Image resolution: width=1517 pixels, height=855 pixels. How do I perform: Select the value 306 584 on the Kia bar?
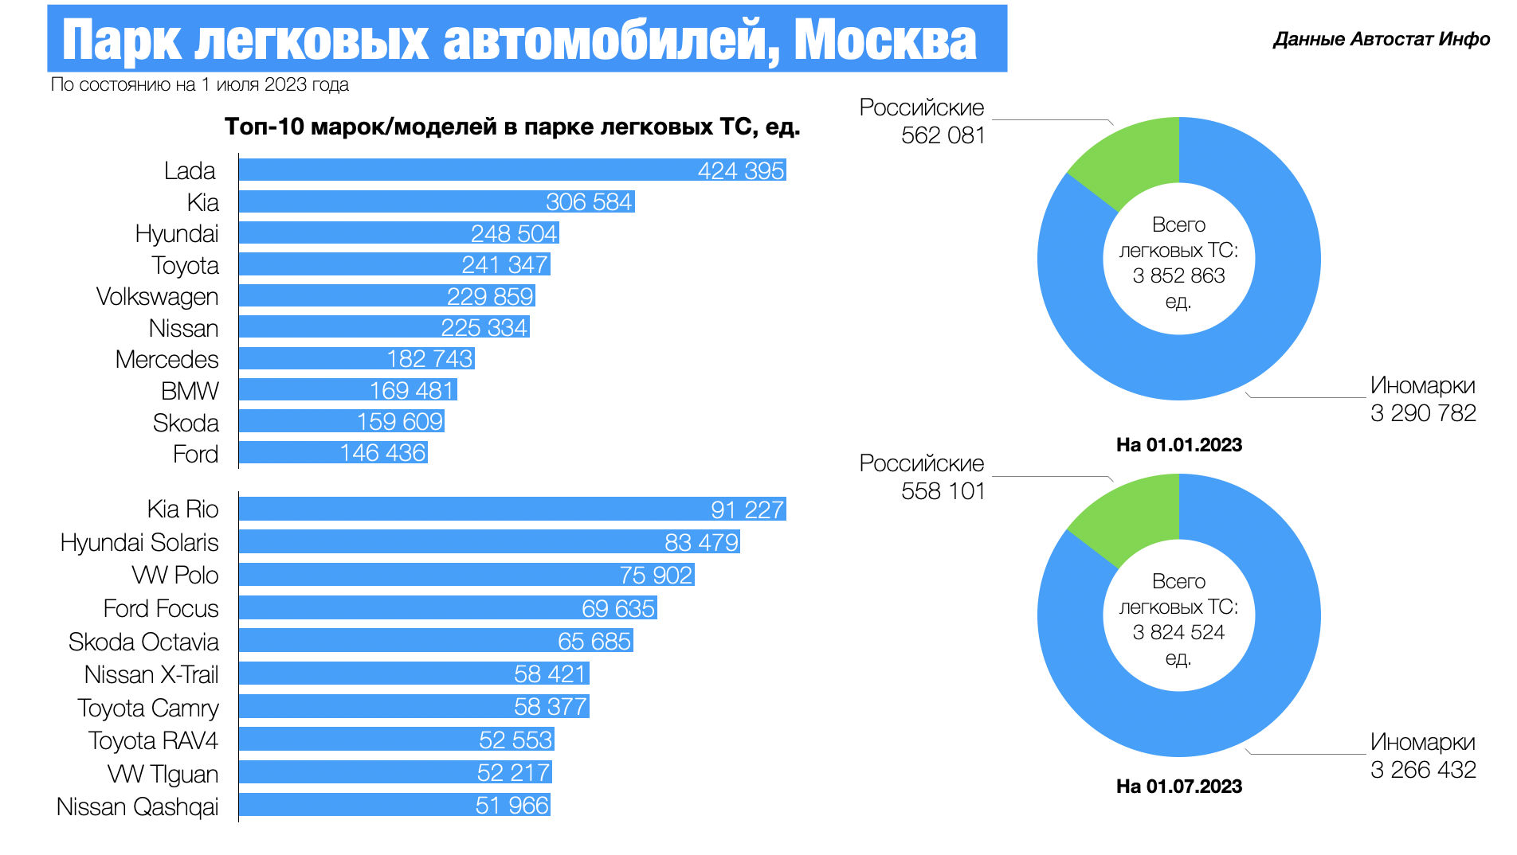click(x=589, y=202)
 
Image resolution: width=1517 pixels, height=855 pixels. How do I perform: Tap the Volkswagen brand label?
click(x=157, y=297)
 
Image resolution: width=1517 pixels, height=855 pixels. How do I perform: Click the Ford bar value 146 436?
click(x=382, y=453)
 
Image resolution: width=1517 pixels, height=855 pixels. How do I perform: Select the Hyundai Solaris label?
click(x=139, y=543)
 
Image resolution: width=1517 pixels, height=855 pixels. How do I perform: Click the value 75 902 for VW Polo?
click(x=656, y=576)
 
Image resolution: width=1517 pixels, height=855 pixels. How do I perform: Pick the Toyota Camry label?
click(x=148, y=708)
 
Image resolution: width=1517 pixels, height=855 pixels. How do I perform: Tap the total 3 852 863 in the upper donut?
click(x=1178, y=276)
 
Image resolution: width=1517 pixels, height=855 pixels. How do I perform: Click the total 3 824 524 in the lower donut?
click(x=1178, y=633)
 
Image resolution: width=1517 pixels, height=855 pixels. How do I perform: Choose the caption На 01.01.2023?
click(x=1178, y=445)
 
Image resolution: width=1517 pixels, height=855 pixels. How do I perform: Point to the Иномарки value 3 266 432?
click(x=1423, y=770)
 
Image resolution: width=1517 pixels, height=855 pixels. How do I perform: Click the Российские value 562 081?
click(x=943, y=136)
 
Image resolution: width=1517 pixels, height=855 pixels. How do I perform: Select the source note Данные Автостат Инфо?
click(x=1381, y=40)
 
